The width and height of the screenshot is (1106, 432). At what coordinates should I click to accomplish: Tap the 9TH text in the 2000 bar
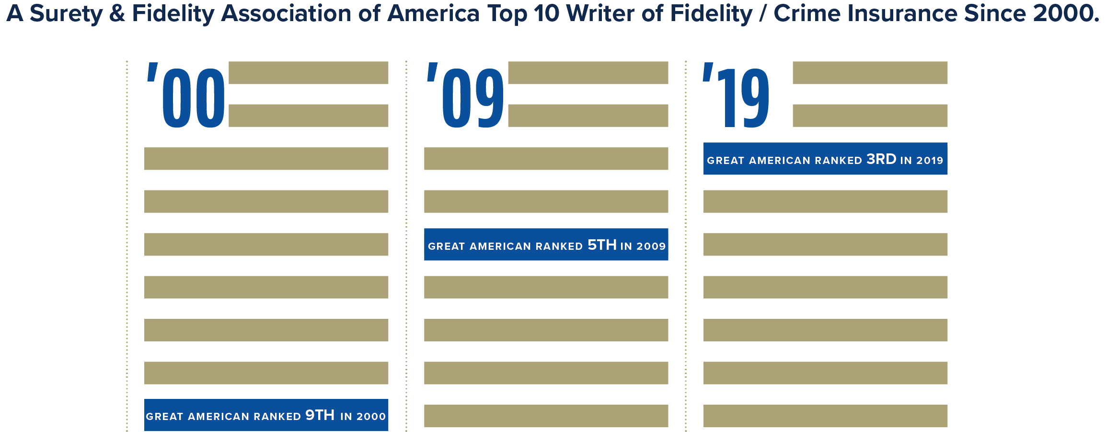coord(320,415)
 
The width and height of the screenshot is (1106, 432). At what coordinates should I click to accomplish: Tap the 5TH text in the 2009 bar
coord(602,245)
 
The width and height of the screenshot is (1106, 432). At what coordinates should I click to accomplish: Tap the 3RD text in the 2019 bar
coord(881,159)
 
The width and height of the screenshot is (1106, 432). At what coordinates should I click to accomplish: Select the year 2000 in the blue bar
coord(371,417)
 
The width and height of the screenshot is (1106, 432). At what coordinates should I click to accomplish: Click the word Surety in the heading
coord(66,14)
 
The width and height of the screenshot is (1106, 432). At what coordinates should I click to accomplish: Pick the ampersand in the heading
coord(117,14)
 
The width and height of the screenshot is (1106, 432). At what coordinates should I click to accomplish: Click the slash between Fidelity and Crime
coord(763,14)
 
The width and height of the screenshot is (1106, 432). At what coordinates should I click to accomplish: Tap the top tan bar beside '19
coord(870,73)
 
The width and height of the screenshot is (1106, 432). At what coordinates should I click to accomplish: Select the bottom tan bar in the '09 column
coord(546,416)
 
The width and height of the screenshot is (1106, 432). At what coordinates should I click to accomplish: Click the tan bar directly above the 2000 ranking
coord(266,373)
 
